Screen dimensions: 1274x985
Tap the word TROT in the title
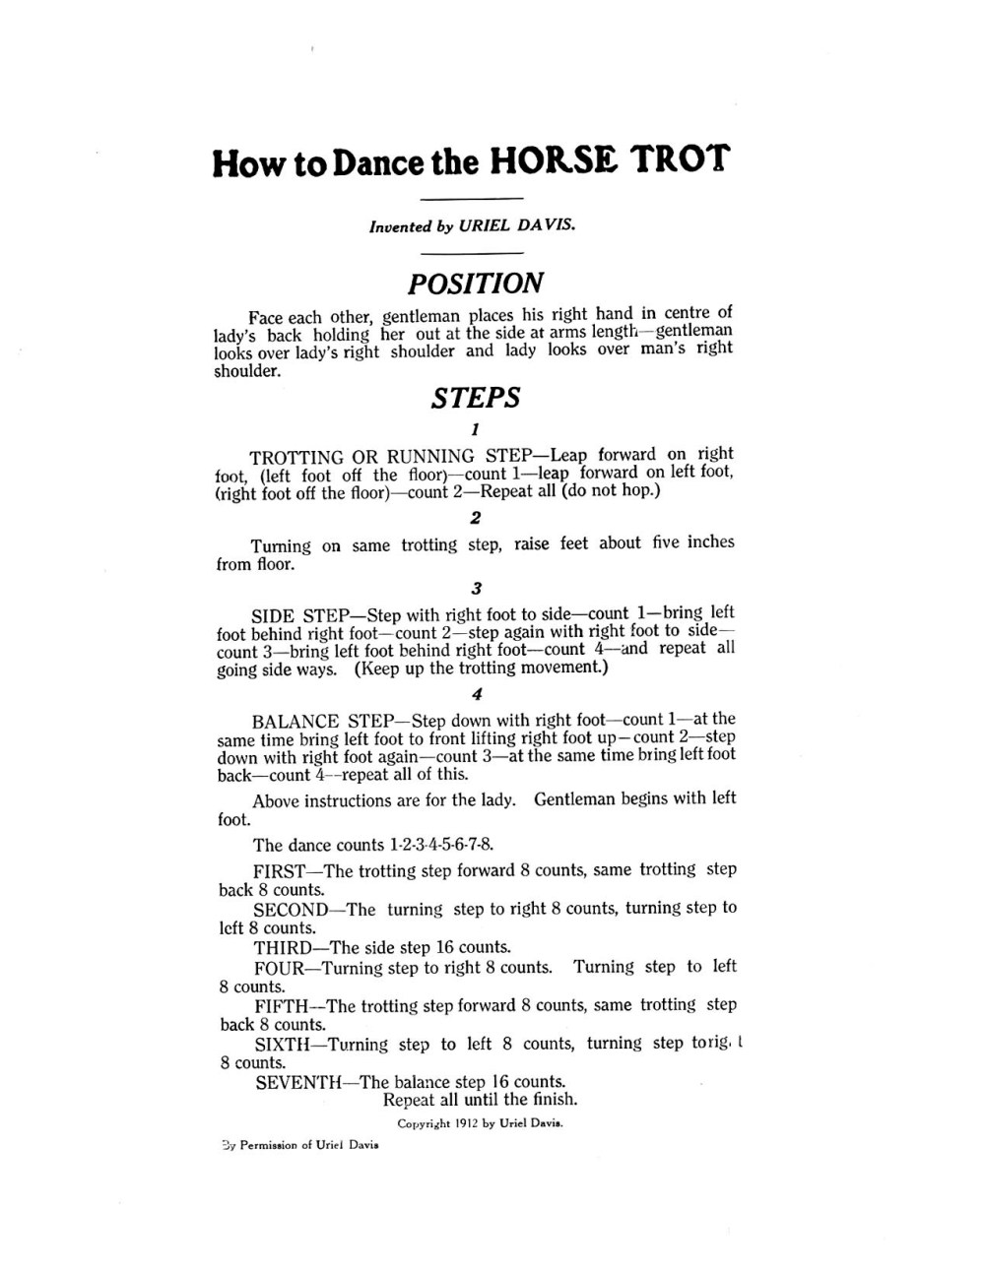coord(681,159)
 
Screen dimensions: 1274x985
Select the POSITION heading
coord(475,284)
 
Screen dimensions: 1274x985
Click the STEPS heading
coord(476,399)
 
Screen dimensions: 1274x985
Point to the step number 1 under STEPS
coord(476,429)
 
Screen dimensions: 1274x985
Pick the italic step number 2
coord(476,518)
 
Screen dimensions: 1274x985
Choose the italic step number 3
coord(477,589)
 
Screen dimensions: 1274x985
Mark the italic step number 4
coord(477,694)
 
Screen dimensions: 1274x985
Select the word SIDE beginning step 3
coord(274,615)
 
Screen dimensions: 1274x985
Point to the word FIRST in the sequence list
coord(281,871)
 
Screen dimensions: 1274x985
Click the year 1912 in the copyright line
coord(468,1123)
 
